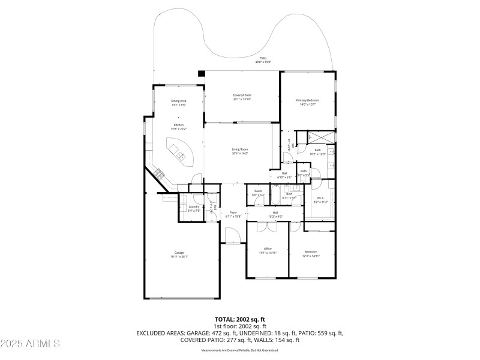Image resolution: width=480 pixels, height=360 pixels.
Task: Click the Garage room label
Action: (x=179, y=253)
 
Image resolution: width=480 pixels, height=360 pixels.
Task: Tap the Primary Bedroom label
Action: (x=307, y=100)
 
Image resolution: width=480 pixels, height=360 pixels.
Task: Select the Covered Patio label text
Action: (x=242, y=95)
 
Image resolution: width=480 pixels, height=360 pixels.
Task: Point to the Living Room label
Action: (x=240, y=149)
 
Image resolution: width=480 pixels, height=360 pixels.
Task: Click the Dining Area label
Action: (x=179, y=101)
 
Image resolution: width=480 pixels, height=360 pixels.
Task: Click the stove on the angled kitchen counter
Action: (x=160, y=174)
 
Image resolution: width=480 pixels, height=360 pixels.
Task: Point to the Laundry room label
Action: (x=193, y=207)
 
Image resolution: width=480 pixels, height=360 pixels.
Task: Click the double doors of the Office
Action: (x=268, y=226)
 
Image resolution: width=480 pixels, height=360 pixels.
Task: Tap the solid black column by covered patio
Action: (x=202, y=74)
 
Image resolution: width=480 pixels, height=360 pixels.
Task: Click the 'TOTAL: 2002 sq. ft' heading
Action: (x=240, y=320)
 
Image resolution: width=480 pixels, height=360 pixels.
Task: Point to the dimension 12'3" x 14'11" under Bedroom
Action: (x=311, y=256)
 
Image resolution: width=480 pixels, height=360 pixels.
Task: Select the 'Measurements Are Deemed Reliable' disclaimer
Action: (x=240, y=350)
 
